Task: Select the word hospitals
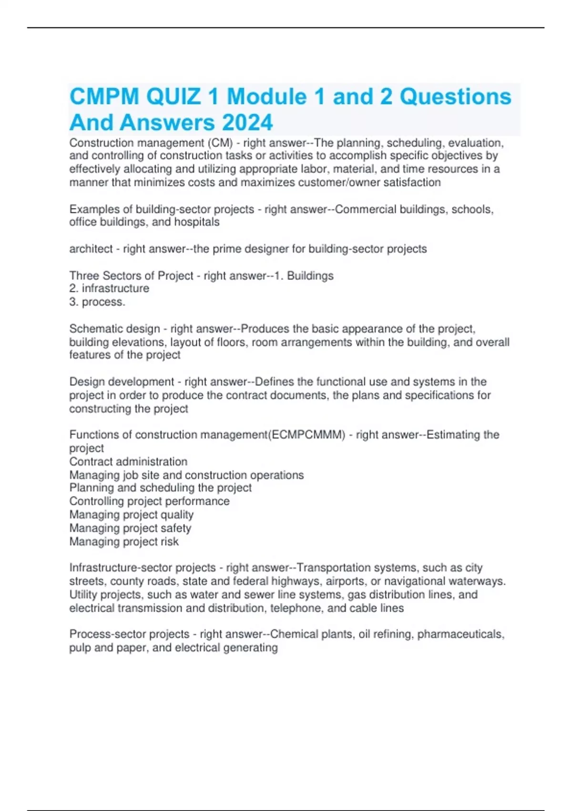point(197,222)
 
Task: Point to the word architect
point(91,249)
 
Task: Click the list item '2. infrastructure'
point(109,289)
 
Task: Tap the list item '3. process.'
point(97,302)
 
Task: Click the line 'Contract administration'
point(128,462)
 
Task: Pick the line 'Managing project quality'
point(132,515)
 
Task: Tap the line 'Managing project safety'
point(130,528)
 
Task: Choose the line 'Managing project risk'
point(124,541)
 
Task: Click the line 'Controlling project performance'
point(149,501)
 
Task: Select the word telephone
point(296,608)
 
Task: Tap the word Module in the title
point(267,97)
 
